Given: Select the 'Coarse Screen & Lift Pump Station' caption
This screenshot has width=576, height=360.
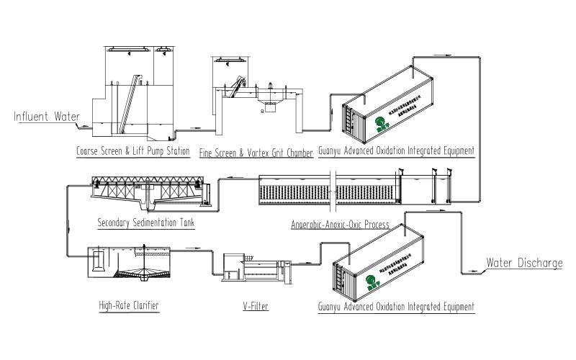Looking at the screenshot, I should coord(133,151).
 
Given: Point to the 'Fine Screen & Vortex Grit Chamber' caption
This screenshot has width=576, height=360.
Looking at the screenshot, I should coord(256,153).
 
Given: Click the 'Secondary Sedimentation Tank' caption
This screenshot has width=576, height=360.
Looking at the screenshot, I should coord(145,223).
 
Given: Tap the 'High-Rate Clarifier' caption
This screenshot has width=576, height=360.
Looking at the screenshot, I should coord(128,305).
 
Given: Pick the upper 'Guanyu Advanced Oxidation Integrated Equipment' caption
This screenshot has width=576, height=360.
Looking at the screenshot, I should coord(397,151).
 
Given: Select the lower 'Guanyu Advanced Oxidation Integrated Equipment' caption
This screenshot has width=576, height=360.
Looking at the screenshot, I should coord(397,306).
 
